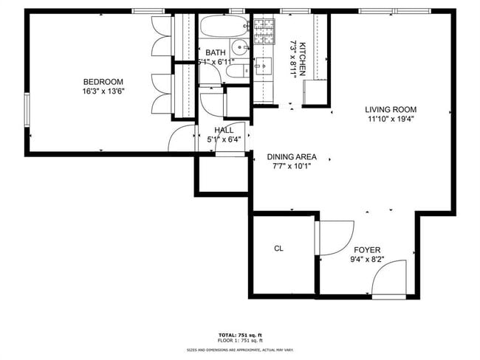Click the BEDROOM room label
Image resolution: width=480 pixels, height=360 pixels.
point(103,82)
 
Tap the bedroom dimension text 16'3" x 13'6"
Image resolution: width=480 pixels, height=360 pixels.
point(103,93)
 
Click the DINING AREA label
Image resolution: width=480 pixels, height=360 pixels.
point(292,156)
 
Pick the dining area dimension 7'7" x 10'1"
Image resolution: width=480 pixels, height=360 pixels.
point(292,167)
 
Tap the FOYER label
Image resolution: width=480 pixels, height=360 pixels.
point(367,249)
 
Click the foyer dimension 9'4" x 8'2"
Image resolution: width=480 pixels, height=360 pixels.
point(367,260)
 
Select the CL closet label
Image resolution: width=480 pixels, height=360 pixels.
point(279,249)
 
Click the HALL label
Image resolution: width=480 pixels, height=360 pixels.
point(224,130)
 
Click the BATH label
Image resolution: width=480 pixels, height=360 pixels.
point(216,52)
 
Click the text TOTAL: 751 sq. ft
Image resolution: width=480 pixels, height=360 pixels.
point(239,335)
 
